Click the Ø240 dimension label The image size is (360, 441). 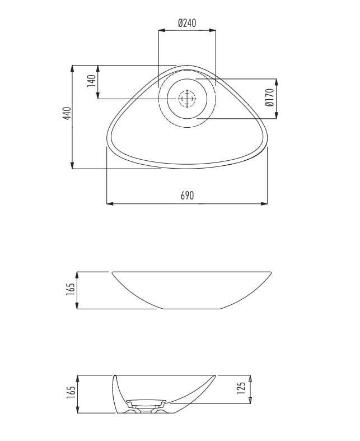coord(187,22)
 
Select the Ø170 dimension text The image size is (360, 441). coord(269,98)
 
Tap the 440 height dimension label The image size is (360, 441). coord(67,113)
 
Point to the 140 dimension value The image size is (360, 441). coord(91,81)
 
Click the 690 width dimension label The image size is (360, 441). coord(187,195)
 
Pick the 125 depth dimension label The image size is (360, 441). coord(241,388)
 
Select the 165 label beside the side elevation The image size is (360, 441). coord(71,289)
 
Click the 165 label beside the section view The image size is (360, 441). coord(71,392)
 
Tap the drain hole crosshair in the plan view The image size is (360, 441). coord(187,99)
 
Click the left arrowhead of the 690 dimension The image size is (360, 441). coord(110,203)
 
